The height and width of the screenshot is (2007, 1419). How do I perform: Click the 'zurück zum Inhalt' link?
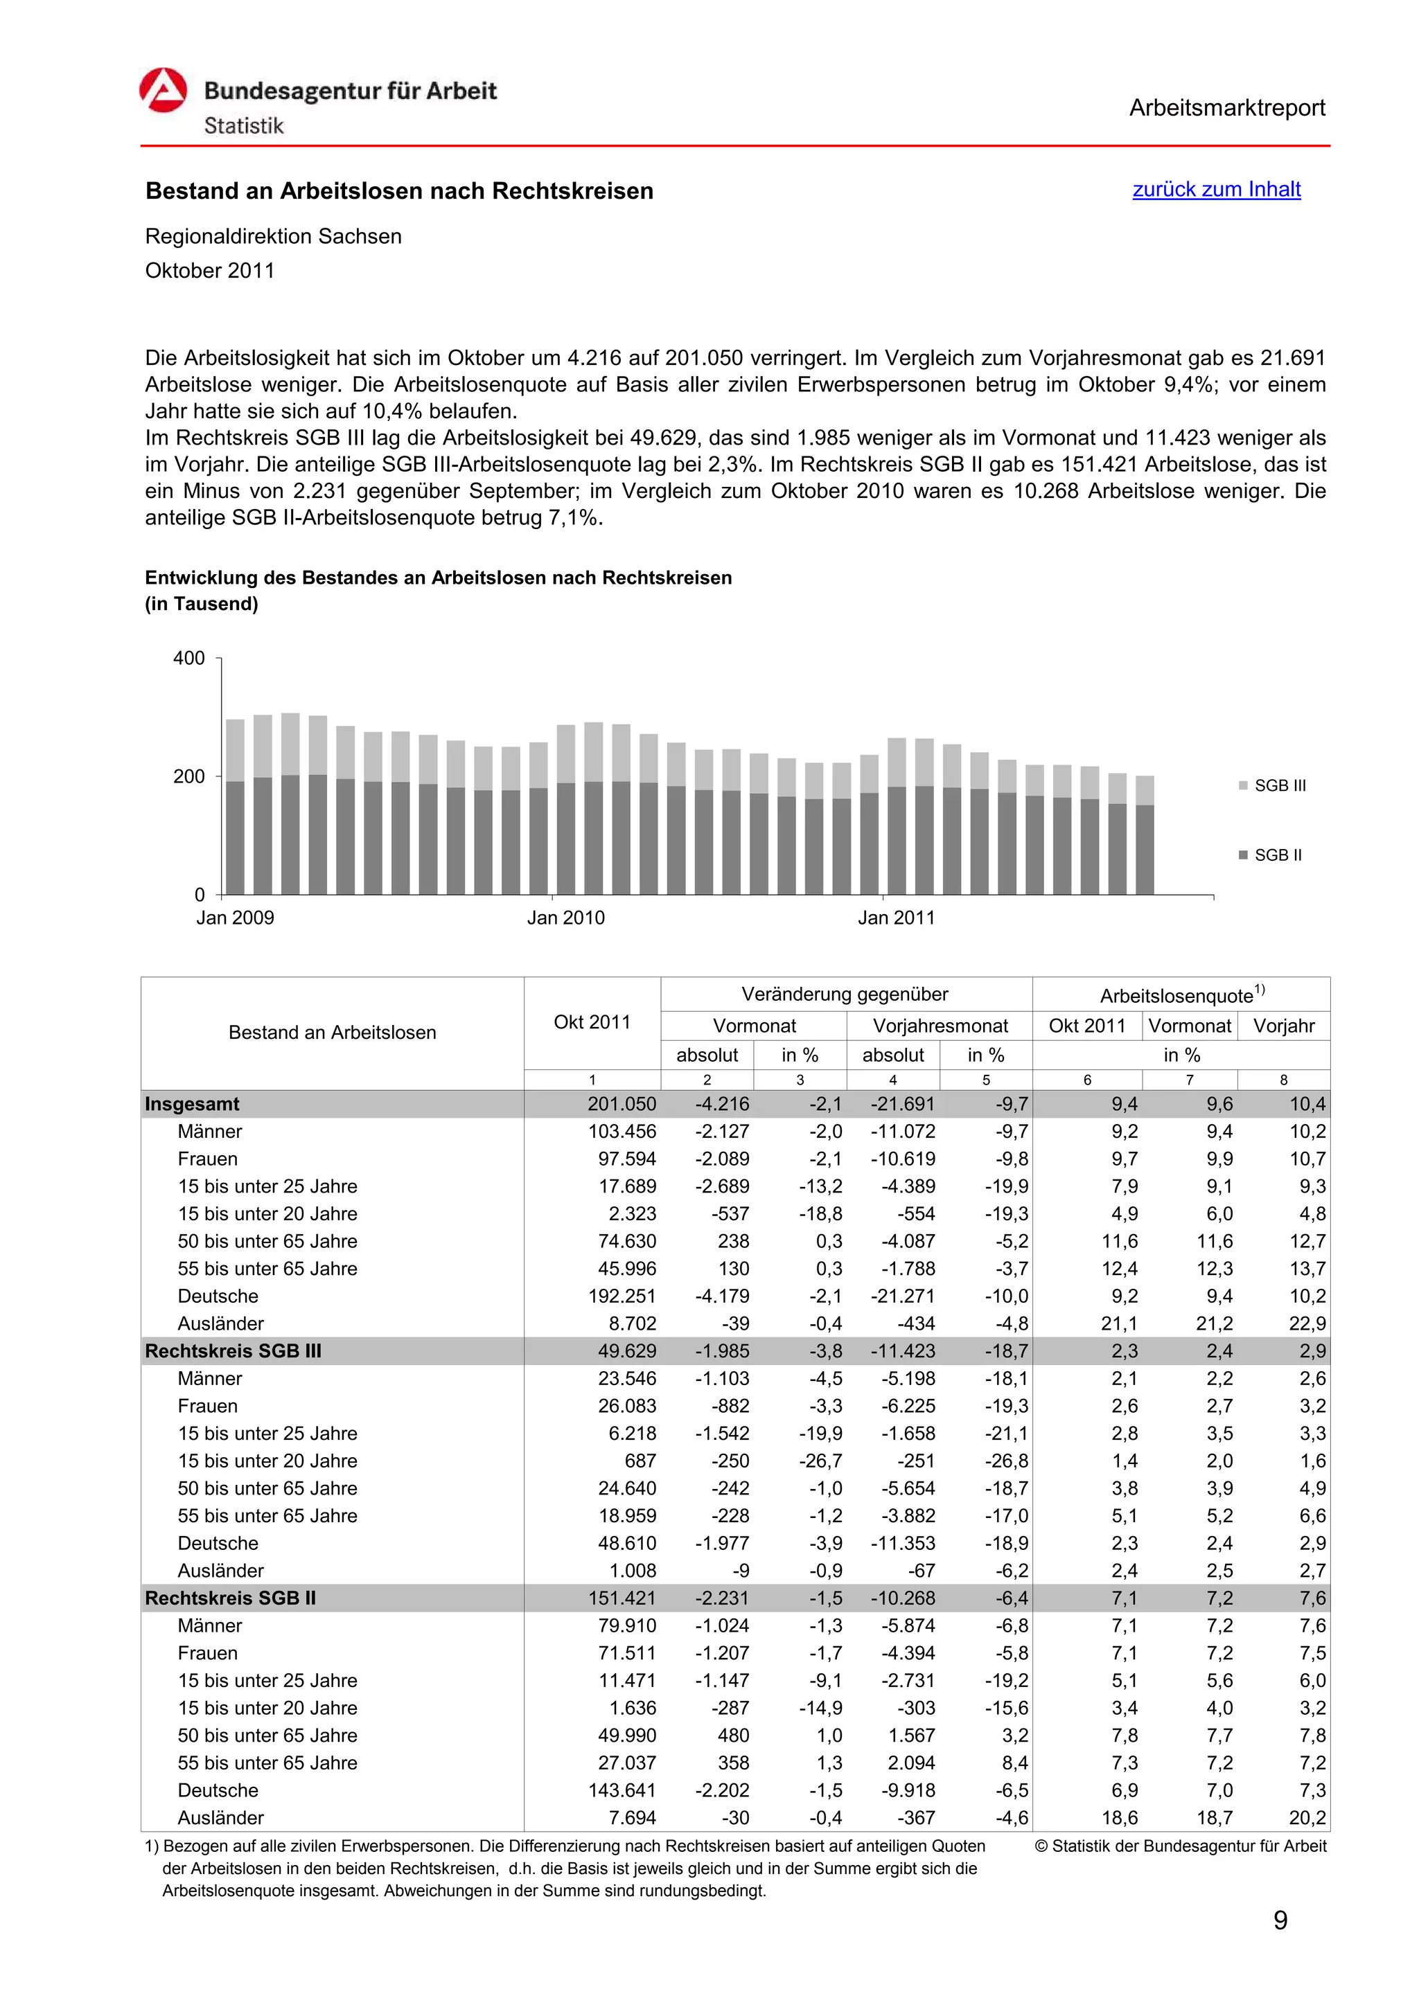[1215, 190]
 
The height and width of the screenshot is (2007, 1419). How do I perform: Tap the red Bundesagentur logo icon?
[164, 91]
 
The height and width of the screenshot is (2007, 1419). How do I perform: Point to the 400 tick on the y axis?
[189, 658]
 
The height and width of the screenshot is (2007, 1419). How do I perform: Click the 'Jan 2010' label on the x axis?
[565, 918]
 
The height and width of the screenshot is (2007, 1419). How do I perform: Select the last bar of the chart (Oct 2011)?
[1145, 835]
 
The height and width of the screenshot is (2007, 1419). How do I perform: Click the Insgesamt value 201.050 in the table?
[621, 1104]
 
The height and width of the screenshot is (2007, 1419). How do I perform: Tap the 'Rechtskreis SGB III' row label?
[233, 1350]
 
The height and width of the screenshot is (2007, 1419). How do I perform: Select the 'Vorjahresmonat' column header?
[940, 1026]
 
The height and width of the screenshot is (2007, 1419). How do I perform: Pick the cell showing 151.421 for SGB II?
[621, 1598]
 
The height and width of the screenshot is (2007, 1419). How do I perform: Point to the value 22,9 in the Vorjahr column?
[1306, 1323]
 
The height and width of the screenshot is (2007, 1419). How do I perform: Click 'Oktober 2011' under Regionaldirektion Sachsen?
[210, 271]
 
